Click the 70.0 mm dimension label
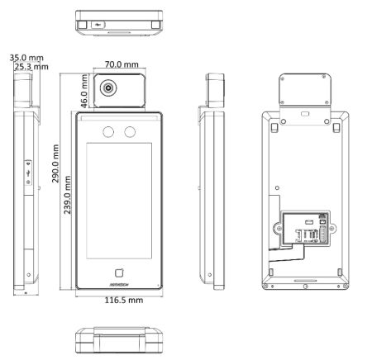122,64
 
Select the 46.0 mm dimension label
83,91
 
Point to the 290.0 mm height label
55,163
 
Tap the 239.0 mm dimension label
67,195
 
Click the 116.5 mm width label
124,300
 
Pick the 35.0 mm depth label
26,58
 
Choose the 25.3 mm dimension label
31,67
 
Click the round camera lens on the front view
108,88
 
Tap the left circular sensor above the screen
108,132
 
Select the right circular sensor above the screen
130,132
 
